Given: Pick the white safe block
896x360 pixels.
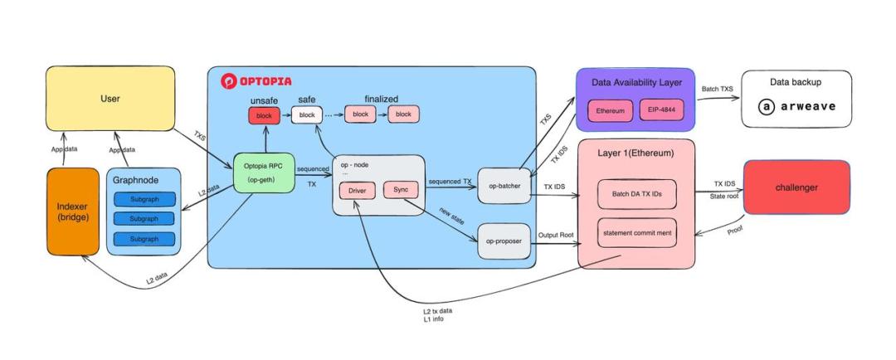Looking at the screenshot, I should click(x=305, y=115).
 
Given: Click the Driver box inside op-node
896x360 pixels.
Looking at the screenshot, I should click(x=357, y=191).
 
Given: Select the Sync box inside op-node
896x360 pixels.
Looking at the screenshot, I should click(x=402, y=190).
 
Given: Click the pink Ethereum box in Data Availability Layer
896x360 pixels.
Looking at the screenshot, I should click(x=610, y=110).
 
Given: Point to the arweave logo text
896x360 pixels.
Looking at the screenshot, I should click(x=796, y=106).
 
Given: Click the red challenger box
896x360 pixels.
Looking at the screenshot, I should click(x=796, y=187).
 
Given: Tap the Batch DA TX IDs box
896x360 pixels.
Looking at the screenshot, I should click(x=636, y=194).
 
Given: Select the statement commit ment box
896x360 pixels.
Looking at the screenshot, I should click(x=636, y=232).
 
